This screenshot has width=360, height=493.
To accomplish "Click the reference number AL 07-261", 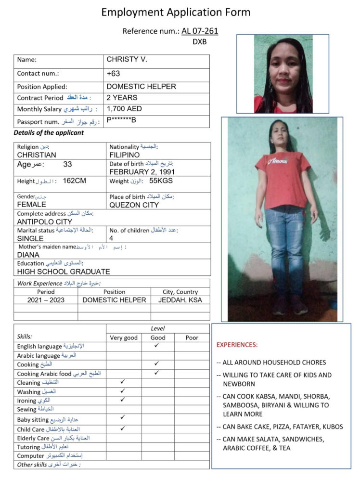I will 200,31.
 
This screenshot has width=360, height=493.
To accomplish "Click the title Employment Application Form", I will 175,13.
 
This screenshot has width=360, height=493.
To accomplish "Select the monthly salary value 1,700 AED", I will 124,109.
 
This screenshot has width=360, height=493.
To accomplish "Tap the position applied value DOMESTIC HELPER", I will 141,87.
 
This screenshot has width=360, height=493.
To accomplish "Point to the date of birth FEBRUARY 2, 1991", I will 142,172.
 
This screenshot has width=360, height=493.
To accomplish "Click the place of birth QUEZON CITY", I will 134,205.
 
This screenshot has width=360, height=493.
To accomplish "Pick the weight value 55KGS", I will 161,181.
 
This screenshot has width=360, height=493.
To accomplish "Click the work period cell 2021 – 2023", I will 46,300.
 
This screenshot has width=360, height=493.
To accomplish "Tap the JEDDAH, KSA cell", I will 180,300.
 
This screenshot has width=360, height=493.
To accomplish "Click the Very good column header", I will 124,337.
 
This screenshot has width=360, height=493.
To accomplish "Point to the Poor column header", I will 192,337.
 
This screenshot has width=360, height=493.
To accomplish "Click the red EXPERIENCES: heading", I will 237,345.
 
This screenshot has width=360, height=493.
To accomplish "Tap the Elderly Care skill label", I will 33,439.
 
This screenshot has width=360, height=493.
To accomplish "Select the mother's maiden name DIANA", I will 28,255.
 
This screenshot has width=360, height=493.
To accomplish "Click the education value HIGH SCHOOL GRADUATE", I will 64,272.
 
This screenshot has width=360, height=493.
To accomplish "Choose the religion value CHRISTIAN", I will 37,155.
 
